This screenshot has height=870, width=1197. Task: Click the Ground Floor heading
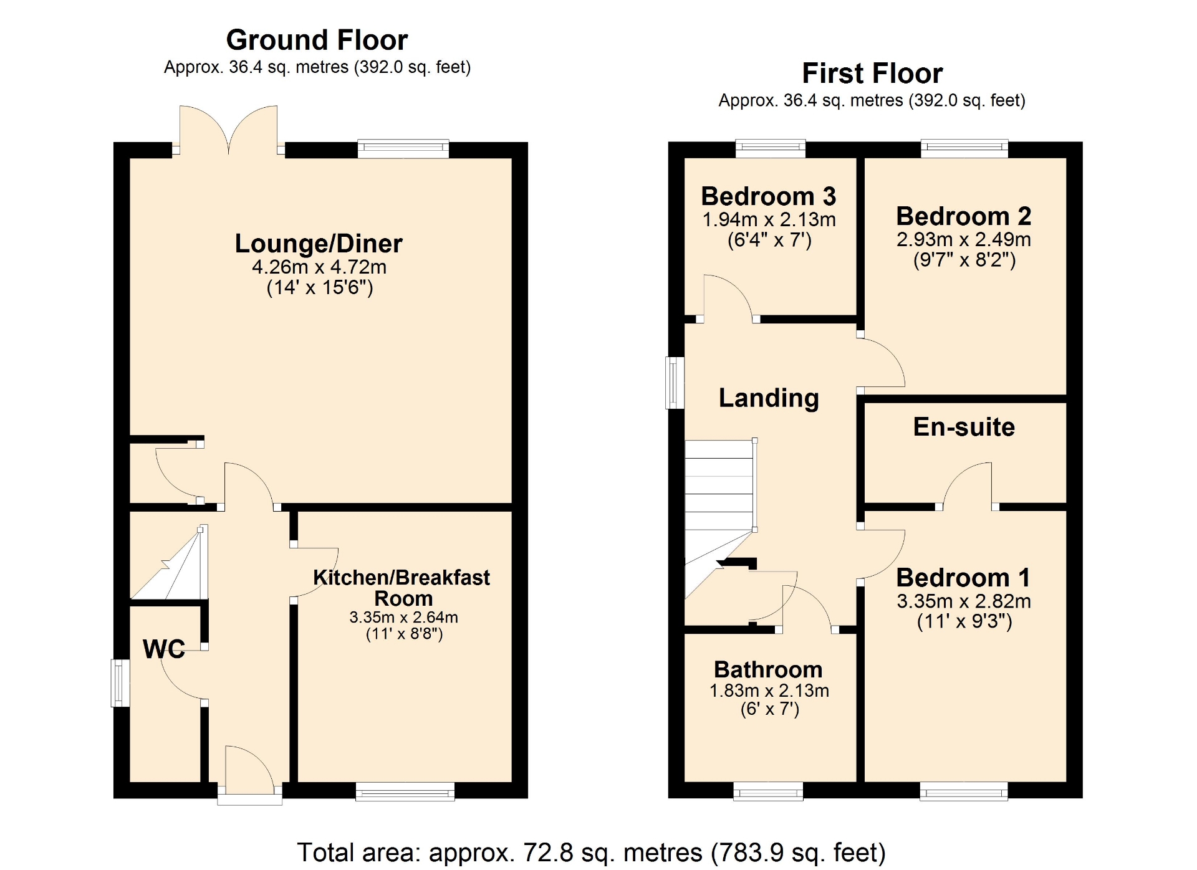(x=317, y=40)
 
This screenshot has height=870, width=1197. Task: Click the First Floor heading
(x=872, y=74)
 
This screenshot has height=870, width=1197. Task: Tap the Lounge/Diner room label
(x=319, y=244)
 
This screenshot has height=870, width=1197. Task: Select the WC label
(x=164, y=649)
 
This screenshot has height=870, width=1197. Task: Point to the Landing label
(x=769, y=398)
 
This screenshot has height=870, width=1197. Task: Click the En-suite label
(x=964, y=427)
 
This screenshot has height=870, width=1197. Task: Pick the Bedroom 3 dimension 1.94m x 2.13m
(x=769, y=219)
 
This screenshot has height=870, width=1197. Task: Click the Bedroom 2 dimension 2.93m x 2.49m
(x=964, y=239)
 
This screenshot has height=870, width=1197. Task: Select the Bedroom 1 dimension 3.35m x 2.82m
(x=964, y=601)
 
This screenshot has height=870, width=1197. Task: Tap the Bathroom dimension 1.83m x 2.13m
(x=769, y=691)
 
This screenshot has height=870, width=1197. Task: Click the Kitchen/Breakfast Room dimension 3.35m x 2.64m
(x=403, y=617)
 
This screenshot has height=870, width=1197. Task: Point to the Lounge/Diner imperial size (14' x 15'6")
(x=320, y=287)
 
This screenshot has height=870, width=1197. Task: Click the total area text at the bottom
(x=591, y=853)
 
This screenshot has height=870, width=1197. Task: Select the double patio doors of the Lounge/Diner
(x=228, y=130)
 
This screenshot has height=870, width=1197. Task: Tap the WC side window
(x=120, y=683)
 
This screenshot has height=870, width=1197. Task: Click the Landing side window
(x=675, y=383)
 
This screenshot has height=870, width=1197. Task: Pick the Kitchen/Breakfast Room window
(x=405, y=791)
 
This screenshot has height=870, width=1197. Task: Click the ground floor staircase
(x=169, y=562)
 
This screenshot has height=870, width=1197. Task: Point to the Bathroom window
(x=769, y=791)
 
